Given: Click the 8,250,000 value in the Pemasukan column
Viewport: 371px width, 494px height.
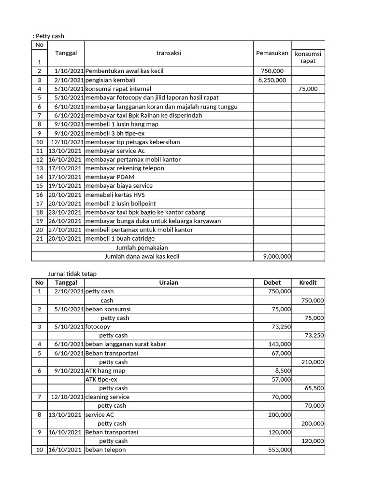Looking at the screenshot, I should coord(272,80).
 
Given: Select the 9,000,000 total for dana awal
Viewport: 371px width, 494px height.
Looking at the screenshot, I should coord(277,257).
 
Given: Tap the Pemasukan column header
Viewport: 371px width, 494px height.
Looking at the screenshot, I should coord(272,53).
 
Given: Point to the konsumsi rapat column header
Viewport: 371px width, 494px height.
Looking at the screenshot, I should coord(308,57).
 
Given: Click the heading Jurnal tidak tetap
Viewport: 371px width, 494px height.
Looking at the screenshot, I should coord(72,274).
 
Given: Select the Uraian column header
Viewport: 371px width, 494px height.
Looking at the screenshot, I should coord(169,283).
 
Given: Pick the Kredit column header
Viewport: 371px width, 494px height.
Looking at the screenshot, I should coord(308,283).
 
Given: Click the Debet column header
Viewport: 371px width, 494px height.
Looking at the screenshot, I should coord(272,283).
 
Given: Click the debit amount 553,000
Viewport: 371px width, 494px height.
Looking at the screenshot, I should coord(280,450).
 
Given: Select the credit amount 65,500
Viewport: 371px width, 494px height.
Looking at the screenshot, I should coord(314,388).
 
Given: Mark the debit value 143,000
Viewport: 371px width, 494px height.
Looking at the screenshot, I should coord(280,344).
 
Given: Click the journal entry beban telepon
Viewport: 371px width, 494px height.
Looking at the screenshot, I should coord(105,450).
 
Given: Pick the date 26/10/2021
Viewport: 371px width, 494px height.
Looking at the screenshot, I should coord(65,221).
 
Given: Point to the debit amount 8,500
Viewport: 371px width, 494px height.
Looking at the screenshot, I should coord(283,371).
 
